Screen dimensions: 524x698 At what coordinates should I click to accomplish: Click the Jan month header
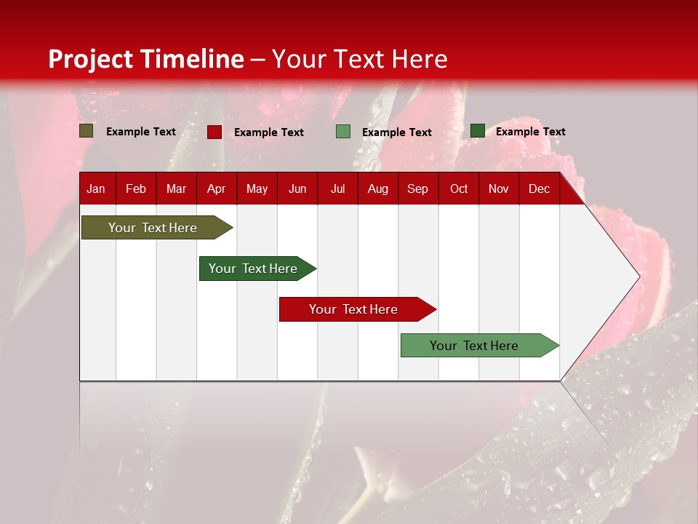coord(96,188)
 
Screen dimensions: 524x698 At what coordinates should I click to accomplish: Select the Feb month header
coord(136,188)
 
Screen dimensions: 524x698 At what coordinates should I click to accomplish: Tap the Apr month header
coord(216,188)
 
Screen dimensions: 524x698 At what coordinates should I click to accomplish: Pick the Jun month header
coord(297,188)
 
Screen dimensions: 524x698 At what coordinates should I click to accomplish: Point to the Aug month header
coord(378,188)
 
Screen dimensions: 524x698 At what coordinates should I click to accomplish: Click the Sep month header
coord(417,188)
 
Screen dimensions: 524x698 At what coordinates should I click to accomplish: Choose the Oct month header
coord(459,188)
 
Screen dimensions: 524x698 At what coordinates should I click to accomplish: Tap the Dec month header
coord(539,188)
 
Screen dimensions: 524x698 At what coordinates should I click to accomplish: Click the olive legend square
coord(87,131)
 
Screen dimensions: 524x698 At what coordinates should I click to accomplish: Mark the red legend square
coord(214,132)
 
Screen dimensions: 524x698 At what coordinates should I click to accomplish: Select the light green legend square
coord(343,132)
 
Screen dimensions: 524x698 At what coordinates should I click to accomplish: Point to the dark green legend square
coord(478,131)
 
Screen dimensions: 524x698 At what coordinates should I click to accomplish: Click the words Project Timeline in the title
coord(146,59)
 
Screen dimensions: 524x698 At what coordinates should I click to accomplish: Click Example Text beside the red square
coord(269,132)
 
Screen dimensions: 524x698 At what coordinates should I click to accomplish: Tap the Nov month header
coord(499,188)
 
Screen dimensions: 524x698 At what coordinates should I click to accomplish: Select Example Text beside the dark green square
coord(531,132)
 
